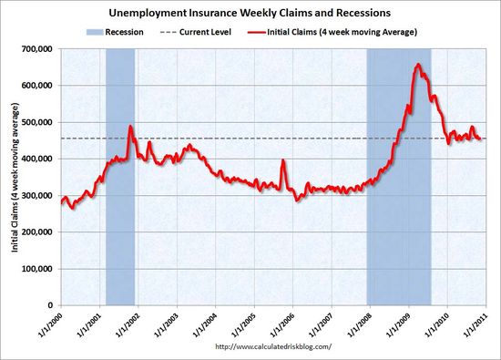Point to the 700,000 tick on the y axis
(37, 48)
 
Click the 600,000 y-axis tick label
(37, 85)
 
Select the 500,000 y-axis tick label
(37, 122)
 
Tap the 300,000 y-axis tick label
(37, 195)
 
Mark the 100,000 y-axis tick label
(37, 269)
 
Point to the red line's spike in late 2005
(282, 161)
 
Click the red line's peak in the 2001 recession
(130, 127)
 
